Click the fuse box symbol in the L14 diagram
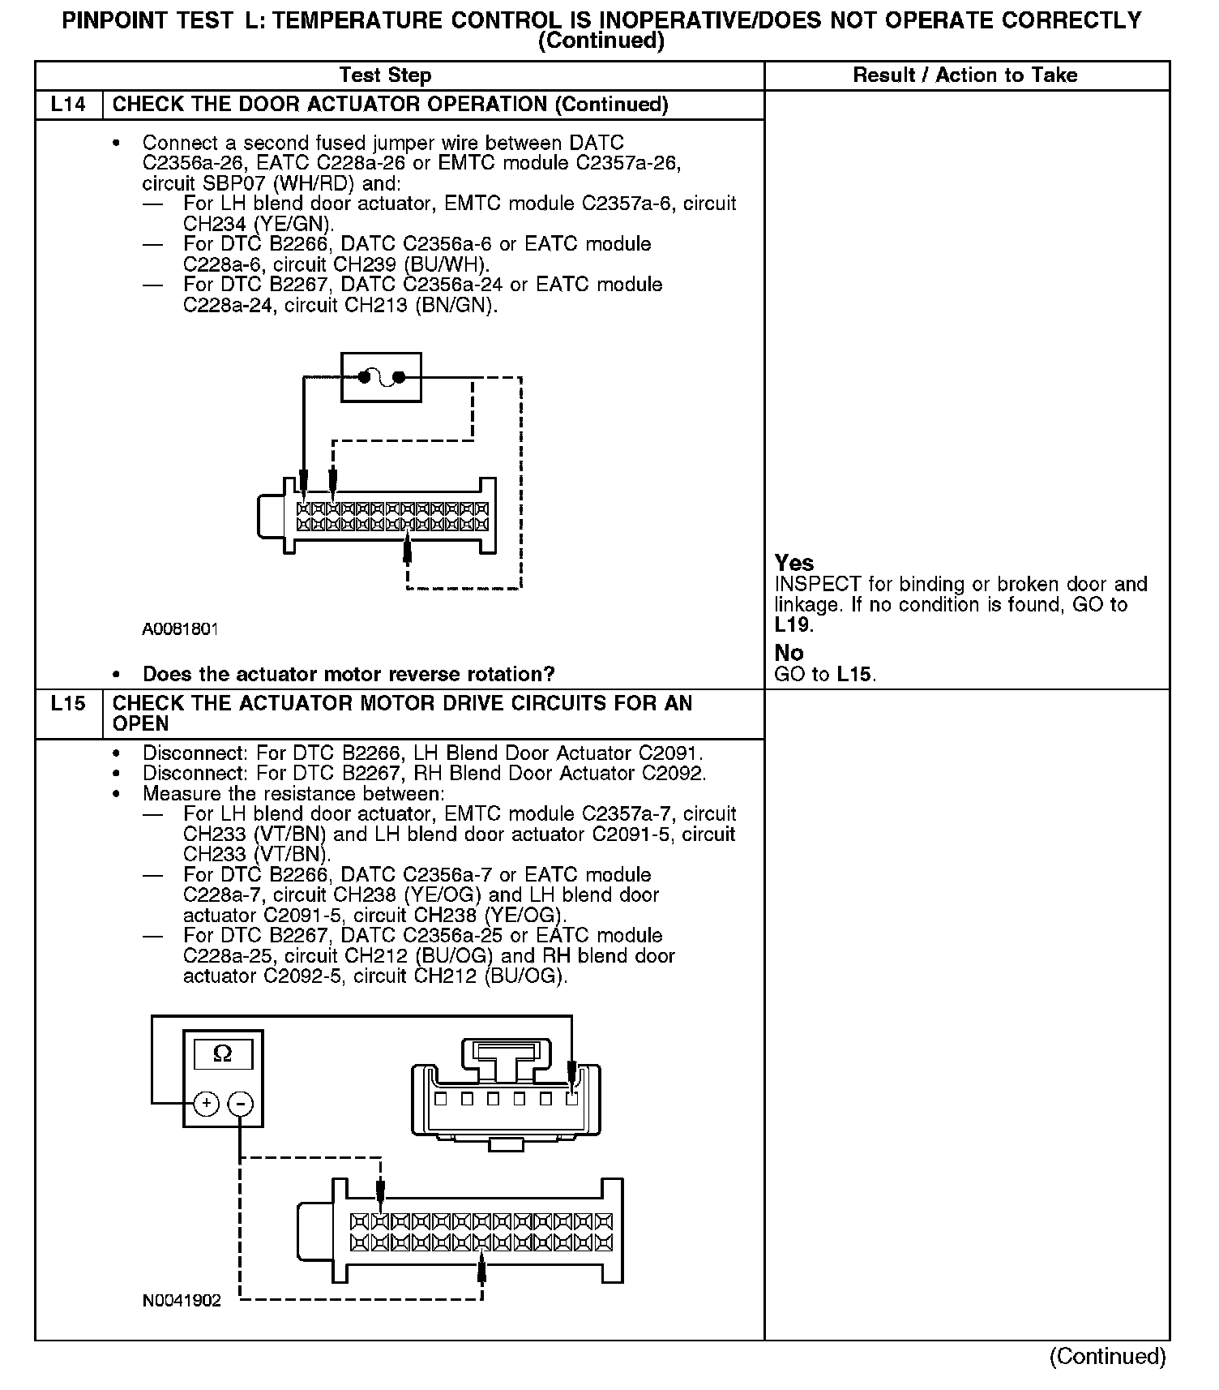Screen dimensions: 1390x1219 tap(381, 377)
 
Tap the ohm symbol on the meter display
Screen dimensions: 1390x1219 tap(222, 1054)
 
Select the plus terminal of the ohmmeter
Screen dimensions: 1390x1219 tap(207, 1104)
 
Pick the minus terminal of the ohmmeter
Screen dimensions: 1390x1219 tap(241, 1104)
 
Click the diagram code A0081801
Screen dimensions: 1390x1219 tap(180, 629)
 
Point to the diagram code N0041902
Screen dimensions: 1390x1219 tap(182, 1301)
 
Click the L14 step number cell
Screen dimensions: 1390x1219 tap(68, 105)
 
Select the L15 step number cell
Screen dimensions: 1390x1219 tap(68, 704)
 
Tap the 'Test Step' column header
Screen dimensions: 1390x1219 tap(385, 75)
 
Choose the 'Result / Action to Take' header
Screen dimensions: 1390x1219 tap(965, 75)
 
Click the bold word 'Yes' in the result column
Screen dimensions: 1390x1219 tap(793, 563)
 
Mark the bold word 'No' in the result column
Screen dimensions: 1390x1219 tap(789, 653)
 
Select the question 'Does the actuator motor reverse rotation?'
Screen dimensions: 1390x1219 tap(349, 674)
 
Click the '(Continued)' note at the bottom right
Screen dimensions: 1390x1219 tap(1107, 1356)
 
